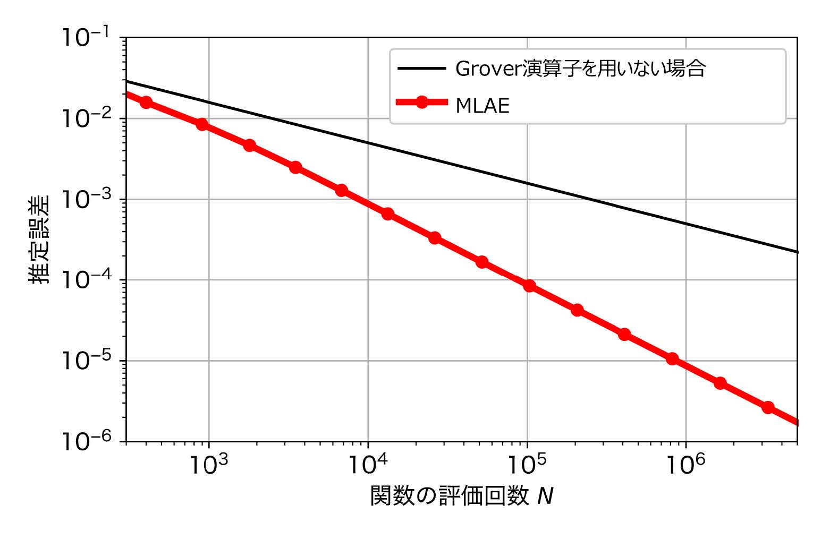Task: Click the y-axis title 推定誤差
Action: (39, 239)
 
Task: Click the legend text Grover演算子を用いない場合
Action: (580, 69)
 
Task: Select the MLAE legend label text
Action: (483, 106)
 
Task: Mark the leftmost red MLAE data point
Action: (146, 102)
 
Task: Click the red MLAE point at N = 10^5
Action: (529, 286)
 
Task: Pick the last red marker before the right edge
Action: (768, 407)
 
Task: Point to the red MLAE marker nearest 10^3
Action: (202, 125)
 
